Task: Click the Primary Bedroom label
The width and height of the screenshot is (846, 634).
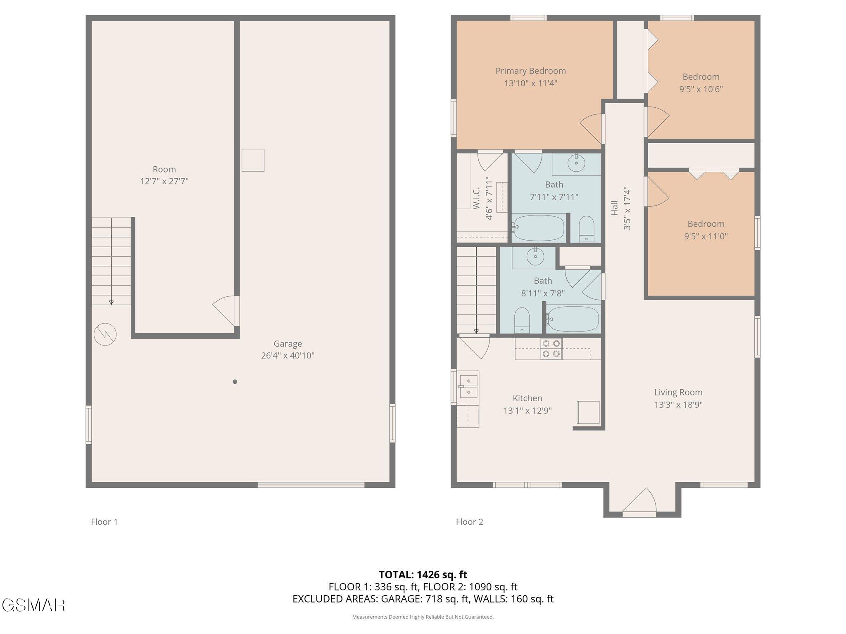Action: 530,71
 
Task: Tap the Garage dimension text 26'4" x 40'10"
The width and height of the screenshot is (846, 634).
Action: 288,355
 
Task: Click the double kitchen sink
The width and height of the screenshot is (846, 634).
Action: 468,386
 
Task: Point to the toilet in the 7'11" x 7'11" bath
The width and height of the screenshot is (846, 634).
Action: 586,229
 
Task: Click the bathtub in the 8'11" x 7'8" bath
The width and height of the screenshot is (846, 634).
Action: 572,319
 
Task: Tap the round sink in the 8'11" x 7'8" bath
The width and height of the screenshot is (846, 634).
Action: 535,257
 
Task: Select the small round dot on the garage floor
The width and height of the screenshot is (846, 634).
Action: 235,382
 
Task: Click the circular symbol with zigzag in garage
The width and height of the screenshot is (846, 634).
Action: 105,334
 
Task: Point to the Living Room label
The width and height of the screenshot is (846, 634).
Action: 678,392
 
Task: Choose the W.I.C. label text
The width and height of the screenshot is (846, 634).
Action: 476,198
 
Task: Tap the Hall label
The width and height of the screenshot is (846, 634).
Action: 614,208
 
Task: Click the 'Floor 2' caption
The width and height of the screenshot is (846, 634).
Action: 469,522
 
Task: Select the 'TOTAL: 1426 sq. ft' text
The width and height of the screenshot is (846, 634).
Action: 423,575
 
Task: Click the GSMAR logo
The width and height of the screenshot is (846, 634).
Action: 33,605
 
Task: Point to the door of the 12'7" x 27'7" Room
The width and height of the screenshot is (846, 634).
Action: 226,311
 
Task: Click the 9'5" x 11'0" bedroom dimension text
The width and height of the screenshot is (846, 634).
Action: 706,237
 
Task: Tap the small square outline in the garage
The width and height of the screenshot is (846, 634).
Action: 253,160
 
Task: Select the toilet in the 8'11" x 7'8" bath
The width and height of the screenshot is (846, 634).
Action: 522,320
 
